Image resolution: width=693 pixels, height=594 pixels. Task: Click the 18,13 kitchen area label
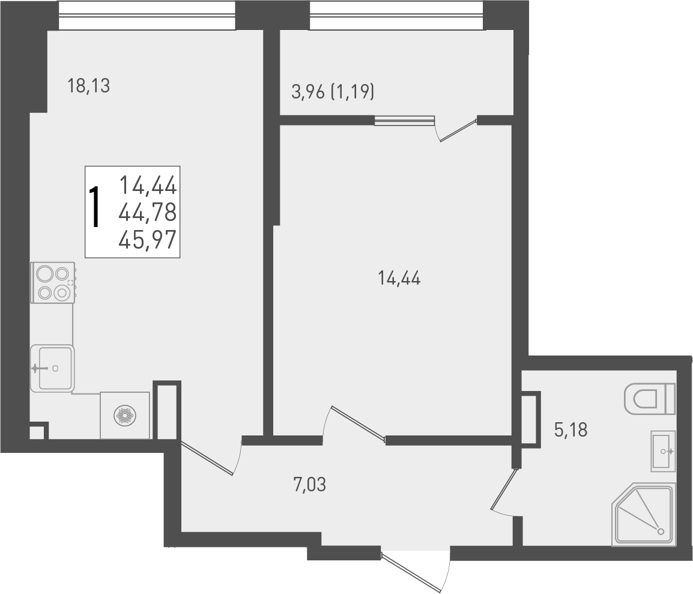tap(89, 86)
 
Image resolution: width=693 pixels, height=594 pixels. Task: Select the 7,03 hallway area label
tap(309, 484)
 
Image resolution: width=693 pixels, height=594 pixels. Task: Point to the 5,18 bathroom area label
tap(570, 430)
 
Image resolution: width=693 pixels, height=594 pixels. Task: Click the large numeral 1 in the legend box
tap(95, 207)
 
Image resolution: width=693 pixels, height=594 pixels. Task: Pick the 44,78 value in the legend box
tap(148, 213)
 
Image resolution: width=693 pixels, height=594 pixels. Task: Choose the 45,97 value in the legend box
tap(148, 240)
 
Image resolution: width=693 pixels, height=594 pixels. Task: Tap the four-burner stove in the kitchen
tap(53, 282)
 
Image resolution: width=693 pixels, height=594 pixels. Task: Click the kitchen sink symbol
tap(53, 368)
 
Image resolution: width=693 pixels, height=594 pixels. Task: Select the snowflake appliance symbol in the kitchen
tap(125, 416)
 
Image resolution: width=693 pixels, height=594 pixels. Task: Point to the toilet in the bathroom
tap(650, 399)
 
